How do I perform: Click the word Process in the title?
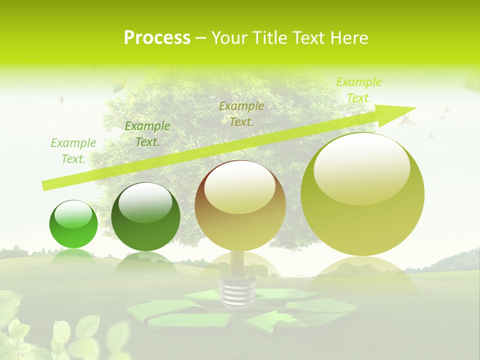(157, 37)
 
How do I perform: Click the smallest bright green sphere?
(73, 224)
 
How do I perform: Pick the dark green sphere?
(145, 217)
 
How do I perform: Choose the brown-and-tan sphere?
(240, 205)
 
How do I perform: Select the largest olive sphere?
(362, 194)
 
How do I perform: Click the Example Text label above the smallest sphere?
(73, 151)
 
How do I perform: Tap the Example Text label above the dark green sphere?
(147, 134)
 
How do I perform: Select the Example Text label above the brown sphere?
(241, 113)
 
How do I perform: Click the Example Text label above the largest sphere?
(358, 90)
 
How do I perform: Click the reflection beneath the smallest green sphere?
(73, 255)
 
